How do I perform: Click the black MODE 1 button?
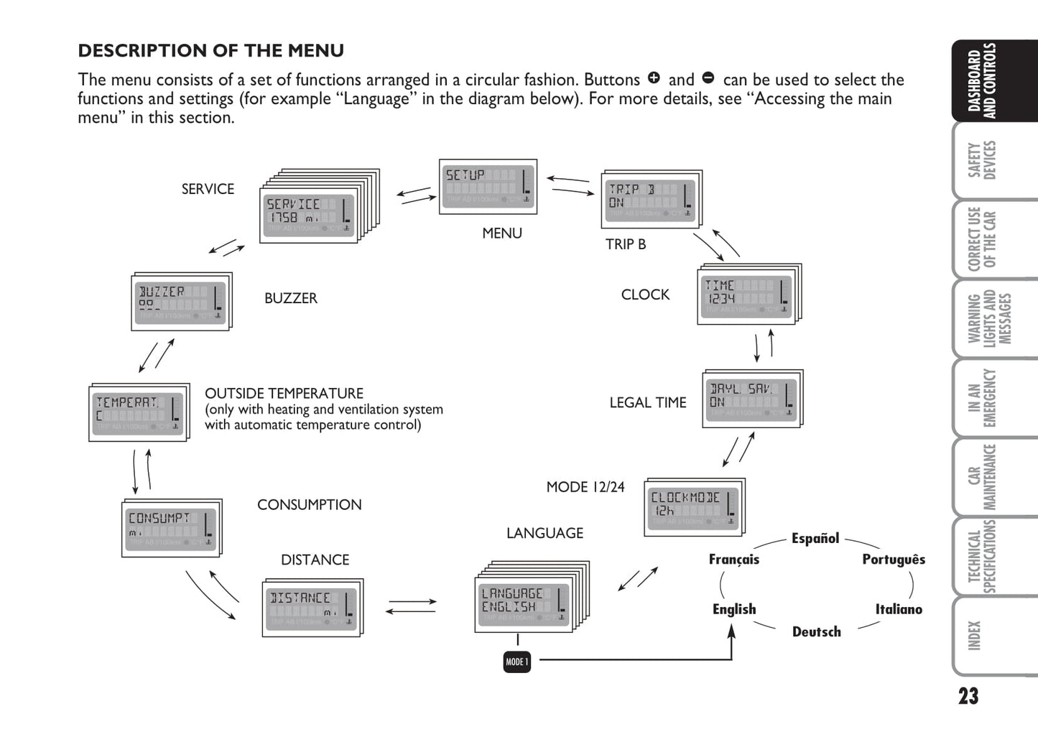517,662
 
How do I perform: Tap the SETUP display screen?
488,187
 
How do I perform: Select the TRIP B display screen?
651,200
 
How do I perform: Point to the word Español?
815,538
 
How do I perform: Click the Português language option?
894,559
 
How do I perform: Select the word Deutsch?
816,631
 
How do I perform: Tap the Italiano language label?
899,609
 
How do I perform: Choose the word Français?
733,559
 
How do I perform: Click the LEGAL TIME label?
648,403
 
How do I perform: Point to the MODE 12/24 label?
585,487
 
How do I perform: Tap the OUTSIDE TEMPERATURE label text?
284,394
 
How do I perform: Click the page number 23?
968,696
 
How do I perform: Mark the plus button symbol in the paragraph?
654,78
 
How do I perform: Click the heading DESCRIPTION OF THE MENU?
211,51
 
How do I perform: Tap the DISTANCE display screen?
312,608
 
